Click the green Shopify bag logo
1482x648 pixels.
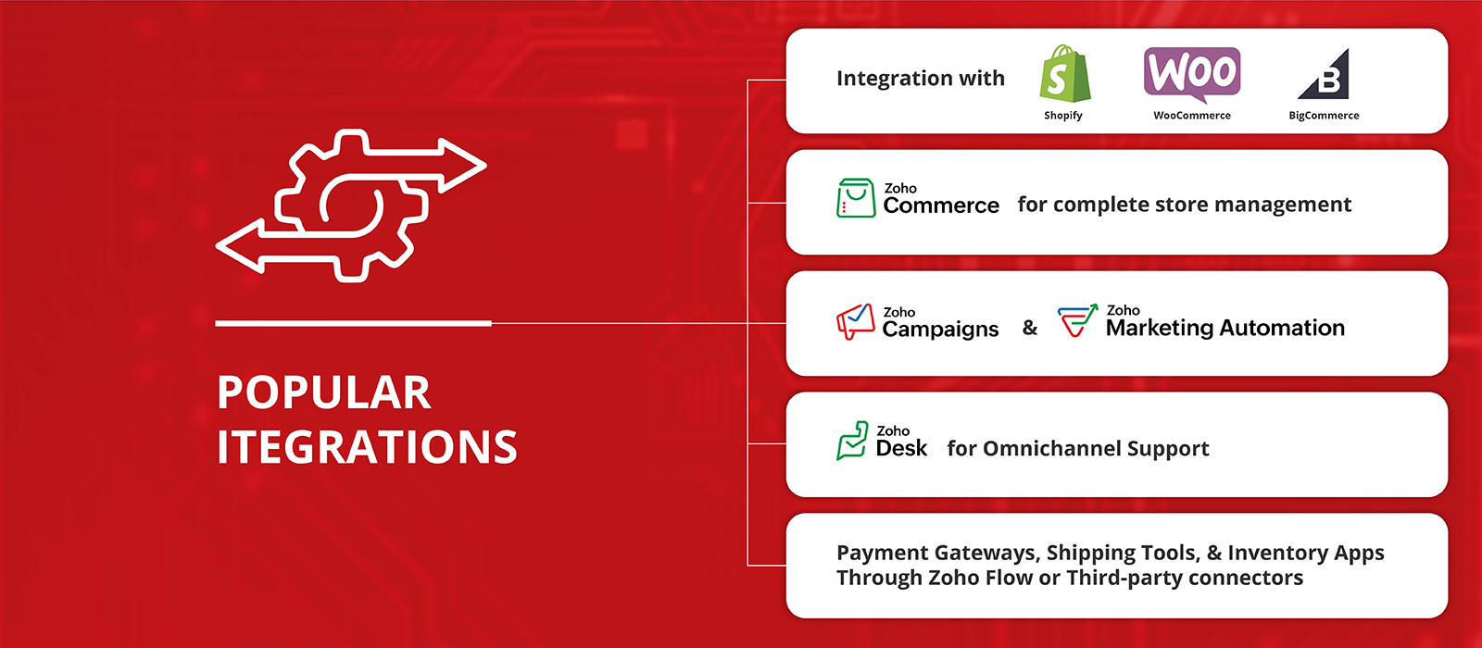pyautogui.click(x=1064, y=74)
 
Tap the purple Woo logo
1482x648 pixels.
pyautogui.click(x=1191, y=74)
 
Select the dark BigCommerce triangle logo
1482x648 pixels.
pyautogui.click(x=1324, y=74)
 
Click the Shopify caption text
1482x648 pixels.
pyautogui.click(x=1063, y=116)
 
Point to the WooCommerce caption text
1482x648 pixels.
pyautogui.click(x=1191, y=115)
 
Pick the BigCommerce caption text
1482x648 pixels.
pyautogui.click(x=1324, y=116)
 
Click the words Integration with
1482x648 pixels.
pyautogui.click(x=921, y=78)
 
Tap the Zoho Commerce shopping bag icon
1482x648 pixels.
pyautogui.click(x=856, y=198)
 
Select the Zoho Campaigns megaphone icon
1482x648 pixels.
pyautogui.click(x=856, y=321)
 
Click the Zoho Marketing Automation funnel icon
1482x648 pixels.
pyautogui.click(x=1077, y=320)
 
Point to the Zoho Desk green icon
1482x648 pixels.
pyautogui.click(x=852, y=441)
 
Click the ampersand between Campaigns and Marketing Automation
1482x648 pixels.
pyautogui.click(x=1030, y=328)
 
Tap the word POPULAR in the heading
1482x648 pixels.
pyautogui.click(x=324, y=393)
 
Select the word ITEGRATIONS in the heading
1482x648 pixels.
pyautogui.click(x=367, y=447)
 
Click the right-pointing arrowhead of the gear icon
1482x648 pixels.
pyautogui.click(x=463, y=166)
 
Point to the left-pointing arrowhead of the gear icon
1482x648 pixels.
pyautogui.click(x=241, y=246)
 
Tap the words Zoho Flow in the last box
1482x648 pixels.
pyautogui.click(x=981, y=578)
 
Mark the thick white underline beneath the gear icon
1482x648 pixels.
pyautogui.click(x=353, y=323)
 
